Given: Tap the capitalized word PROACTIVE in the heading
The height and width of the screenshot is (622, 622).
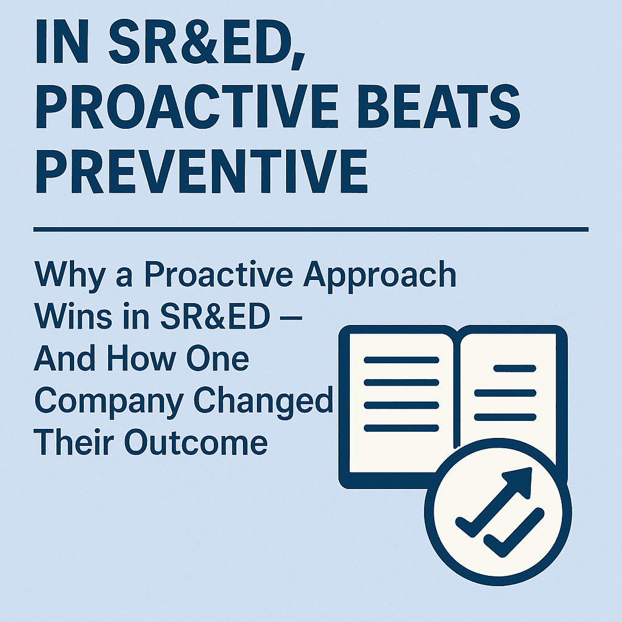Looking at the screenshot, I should [180, 107].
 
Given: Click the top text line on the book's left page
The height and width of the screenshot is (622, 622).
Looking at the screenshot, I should [400, 360].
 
